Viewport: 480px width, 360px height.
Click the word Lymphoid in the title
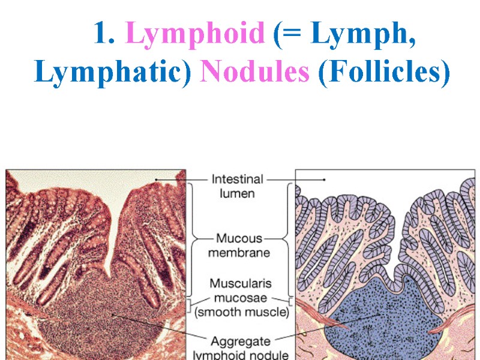point(196,36)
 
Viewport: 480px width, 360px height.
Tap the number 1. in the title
point(104,36)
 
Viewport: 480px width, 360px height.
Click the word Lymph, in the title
point(364,36)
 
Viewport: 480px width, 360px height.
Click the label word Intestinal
point(237,179)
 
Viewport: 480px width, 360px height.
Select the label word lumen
point(236,193)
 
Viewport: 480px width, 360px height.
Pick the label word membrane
point(238,253)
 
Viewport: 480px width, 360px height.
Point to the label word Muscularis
point(239,283)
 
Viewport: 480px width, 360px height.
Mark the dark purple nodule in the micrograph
point(108,312)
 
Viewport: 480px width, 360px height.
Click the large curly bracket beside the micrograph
point(192,240)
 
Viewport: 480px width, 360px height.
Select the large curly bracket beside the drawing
point(289,240)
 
